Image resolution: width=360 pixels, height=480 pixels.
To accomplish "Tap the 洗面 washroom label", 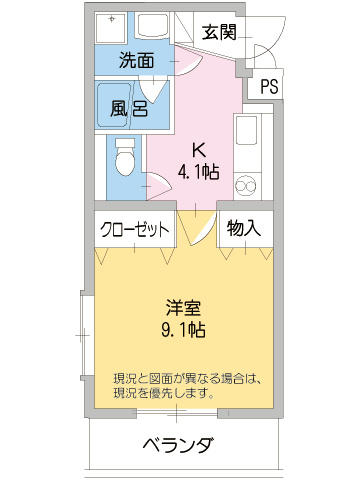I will pos(136,59).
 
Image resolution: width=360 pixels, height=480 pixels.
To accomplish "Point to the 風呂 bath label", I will pos(130,107).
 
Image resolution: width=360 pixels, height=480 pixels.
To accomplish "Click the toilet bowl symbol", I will pos(124,157).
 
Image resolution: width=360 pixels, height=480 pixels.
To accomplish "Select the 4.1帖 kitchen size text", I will pos(199,172).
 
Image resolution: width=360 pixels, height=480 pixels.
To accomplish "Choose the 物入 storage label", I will pos(243,228).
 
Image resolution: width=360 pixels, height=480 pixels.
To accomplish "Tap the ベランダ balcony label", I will pos(177,445).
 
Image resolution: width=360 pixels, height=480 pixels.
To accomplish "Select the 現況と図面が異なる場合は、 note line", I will pos(187,378).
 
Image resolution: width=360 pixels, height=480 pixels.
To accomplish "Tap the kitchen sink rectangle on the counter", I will pos(245,131).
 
